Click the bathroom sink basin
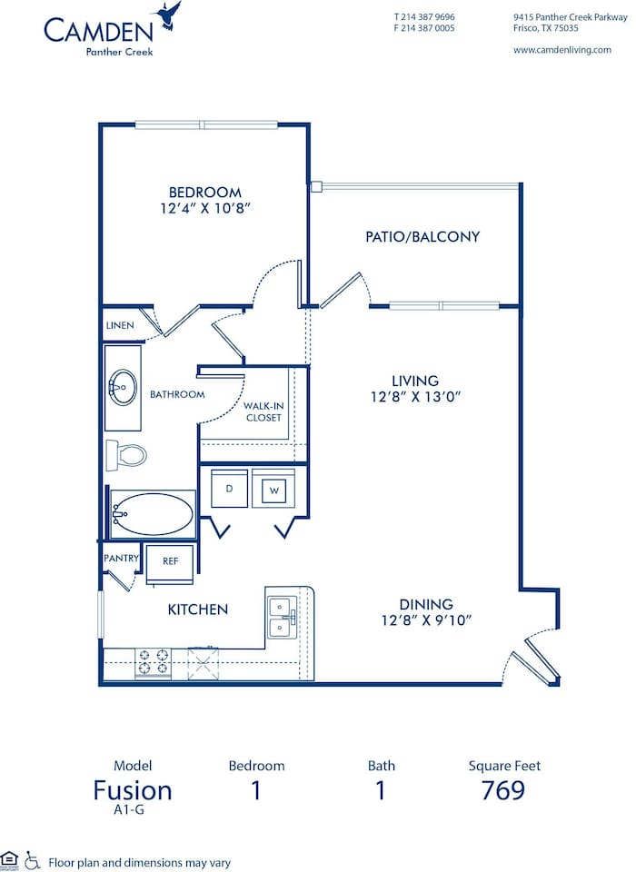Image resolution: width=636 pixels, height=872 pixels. tap(121, 388)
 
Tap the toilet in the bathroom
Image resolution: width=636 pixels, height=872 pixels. tap(124, 453)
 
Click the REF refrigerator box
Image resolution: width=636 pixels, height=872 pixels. tap(170, 560)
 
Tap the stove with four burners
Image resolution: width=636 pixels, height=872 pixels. tap(153, 663)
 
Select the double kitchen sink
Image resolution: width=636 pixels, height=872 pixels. tap(282, 616)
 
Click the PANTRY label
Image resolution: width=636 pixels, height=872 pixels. tap(120, 559)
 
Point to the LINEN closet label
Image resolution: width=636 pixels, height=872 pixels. tap(120, 325)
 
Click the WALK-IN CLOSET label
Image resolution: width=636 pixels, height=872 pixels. tap(263, 411)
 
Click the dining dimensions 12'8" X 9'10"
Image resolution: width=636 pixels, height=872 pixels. tap(426, 621)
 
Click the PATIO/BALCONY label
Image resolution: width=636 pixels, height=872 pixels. tap(422, 236)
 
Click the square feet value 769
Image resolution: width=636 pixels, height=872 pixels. tap(502, 790)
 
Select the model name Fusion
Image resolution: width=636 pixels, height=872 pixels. tap(133, 790)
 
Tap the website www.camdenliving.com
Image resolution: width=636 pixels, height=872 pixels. tap(561, 50)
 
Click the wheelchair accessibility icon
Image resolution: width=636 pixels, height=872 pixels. tap(33, 858)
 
